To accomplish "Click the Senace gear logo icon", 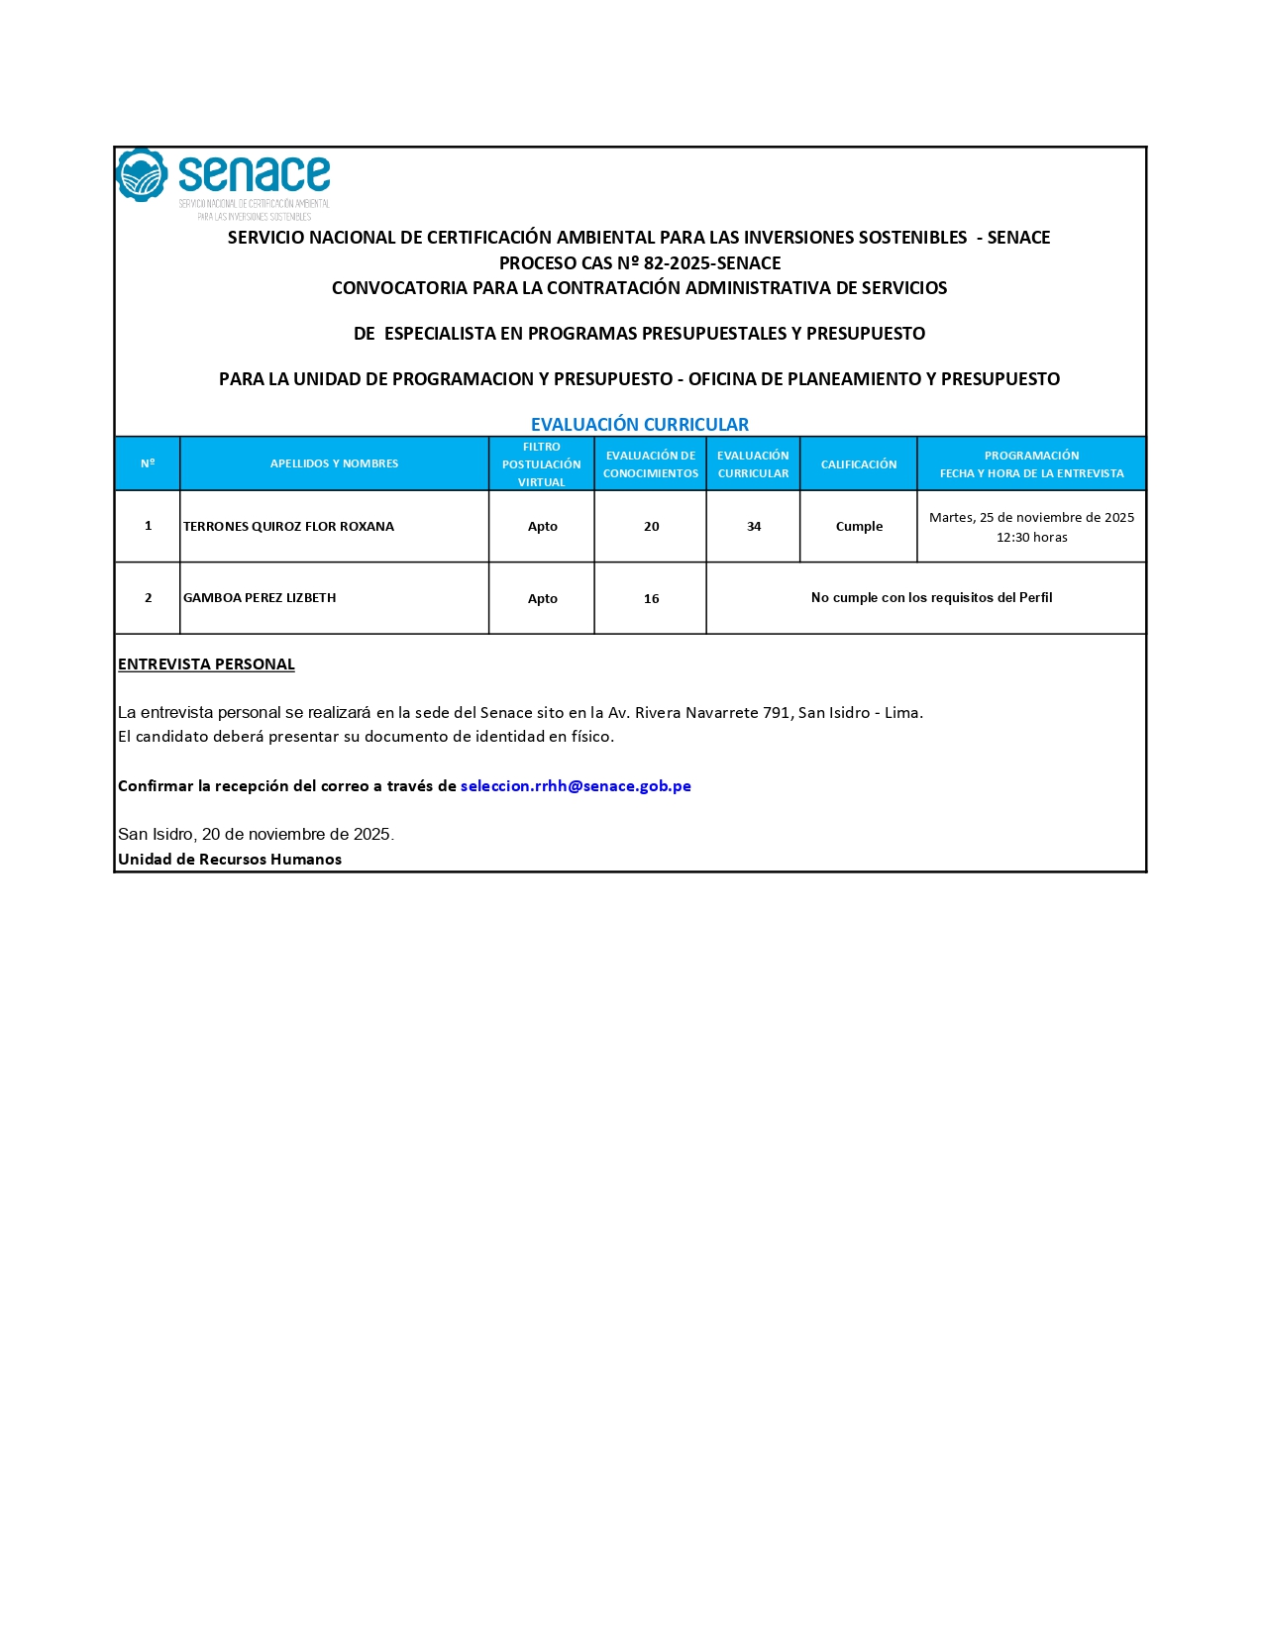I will click(142, 175).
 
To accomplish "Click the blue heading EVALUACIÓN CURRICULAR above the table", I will click(639, 424).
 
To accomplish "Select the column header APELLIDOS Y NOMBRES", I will click(334, 463).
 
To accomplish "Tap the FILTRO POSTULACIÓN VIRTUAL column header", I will click(541, 464).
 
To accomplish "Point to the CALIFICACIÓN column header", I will click(858, 464).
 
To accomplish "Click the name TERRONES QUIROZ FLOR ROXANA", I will click(288, 527).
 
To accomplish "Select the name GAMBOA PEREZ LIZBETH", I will click(260, 598).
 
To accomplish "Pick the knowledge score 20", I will click(651, 527).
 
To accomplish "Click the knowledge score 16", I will click(651, 599).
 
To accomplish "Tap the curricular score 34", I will click(753, 527).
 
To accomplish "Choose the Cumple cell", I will click(858, 527).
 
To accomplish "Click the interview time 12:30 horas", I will click(1031, 538).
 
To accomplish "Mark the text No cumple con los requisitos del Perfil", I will click(931, 598).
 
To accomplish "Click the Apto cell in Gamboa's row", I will click(542, 599).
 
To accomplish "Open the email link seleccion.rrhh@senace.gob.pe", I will click(576, 786).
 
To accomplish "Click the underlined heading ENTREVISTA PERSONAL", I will click(206, 664).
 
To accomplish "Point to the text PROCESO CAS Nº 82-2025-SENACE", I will click(639, 263).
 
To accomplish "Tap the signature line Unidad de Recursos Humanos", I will click(230, 860).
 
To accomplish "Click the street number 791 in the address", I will click(776, 713).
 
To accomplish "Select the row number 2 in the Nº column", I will click(148, 598).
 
